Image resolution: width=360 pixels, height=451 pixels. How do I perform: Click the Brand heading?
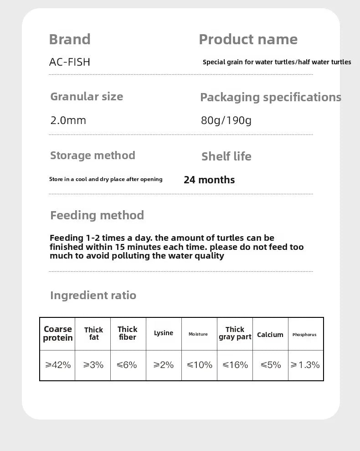tap(70, 39)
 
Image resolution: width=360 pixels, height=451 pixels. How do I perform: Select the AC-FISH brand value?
tap(69, 62)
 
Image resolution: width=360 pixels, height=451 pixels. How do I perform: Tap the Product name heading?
tap(248, 39)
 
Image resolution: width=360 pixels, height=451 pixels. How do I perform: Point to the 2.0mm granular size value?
tap(68, 120)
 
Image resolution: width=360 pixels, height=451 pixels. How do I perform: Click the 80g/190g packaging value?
tap(226, 120)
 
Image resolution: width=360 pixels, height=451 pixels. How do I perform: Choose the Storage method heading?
tap(93, 156)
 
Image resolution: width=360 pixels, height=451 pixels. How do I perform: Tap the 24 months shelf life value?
tap(209, 180)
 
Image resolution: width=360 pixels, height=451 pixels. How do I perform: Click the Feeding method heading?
tap(97, 215)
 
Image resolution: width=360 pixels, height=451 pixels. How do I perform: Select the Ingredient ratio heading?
tap(93, 295)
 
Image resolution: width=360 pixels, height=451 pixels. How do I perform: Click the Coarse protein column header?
tap(58, 333)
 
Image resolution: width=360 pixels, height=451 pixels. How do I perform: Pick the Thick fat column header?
tap(93, 333)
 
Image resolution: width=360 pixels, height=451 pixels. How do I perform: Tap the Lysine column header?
tap(164, 333)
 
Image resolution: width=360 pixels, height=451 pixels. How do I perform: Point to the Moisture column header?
tap(198, 334)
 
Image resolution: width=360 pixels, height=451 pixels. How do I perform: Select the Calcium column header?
tap(270, 335)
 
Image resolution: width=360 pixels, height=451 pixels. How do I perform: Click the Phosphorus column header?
tap(304, 335)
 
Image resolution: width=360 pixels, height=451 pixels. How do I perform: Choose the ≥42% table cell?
tap(58, 365)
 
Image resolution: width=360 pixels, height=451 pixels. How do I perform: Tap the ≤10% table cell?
tap(200, 365)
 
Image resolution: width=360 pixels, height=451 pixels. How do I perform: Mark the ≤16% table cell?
tap(235, 365)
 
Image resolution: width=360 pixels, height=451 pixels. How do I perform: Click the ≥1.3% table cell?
tap(305, 365)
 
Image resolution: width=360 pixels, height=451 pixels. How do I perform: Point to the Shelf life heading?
tap(226, 156)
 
